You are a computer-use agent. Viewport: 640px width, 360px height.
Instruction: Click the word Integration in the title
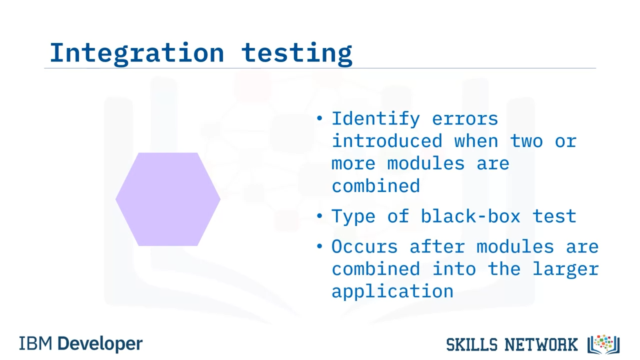click(137, 53)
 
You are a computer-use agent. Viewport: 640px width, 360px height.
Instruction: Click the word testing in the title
click(297, 53)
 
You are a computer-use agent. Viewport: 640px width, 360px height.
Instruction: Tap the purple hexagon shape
click(168, 199)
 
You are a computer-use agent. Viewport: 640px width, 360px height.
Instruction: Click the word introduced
click(387, 140)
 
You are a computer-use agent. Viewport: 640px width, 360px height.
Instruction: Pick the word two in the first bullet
click(526, 141)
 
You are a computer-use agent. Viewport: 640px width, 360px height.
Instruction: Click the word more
click(353, 163)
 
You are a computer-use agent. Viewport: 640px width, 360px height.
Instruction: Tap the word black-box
click(470, 216)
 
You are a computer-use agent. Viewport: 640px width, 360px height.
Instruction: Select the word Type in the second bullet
click(353, 217)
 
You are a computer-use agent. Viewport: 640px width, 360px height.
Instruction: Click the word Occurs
click(364, 246)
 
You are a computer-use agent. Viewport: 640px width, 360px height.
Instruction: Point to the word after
click(437, 246)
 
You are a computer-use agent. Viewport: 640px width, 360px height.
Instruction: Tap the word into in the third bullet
click(453, 269)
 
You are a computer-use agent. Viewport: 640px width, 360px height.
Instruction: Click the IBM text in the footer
click(35, 343)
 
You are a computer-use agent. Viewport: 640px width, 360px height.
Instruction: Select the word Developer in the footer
click(100, 344)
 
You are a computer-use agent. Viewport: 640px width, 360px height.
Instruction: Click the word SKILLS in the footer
click(471, 344)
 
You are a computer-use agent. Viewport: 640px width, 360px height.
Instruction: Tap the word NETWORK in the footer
click(541, 344)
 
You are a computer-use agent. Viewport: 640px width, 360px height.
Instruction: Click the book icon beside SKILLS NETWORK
click(603, 344)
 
